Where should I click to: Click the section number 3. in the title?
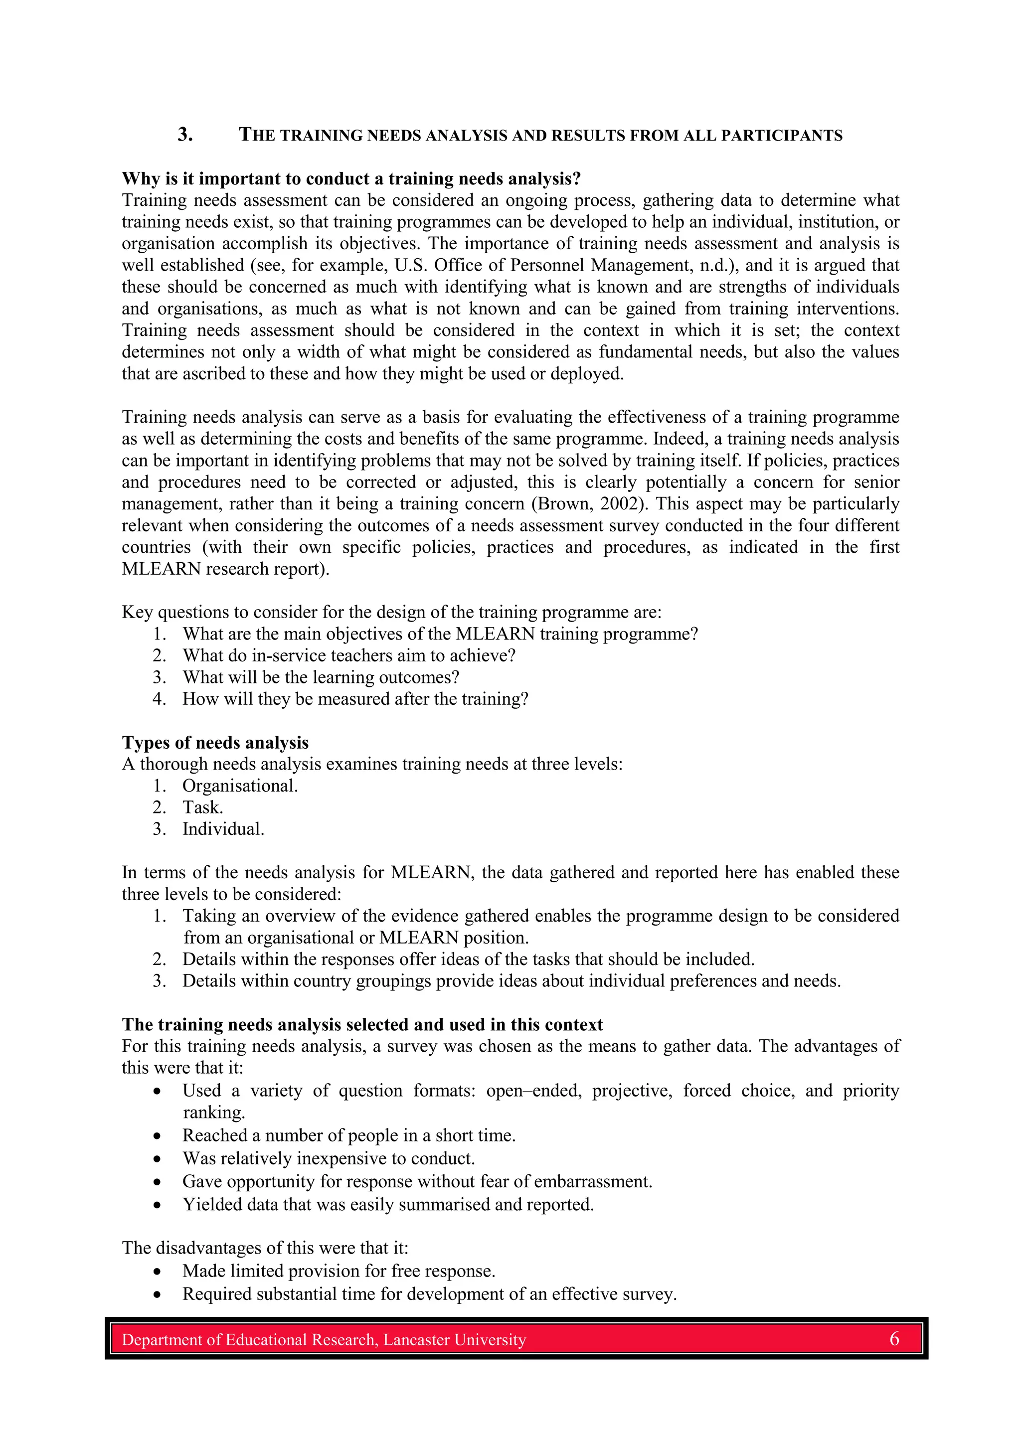point(185,134)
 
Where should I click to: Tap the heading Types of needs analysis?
point(215,743)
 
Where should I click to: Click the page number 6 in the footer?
point(893,1339)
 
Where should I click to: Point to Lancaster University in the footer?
point(454,1340)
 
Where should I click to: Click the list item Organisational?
point(240,786)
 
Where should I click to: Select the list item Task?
point(202,807)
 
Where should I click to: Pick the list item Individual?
point(223,829)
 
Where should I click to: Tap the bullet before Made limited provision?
point(157,1272)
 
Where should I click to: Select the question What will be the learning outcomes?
point(321,677)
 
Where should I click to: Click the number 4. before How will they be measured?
point(159,699)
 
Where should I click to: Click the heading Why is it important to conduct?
point(351,178)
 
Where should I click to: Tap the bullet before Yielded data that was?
point(157,1206)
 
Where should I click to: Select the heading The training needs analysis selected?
point(362,1024)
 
